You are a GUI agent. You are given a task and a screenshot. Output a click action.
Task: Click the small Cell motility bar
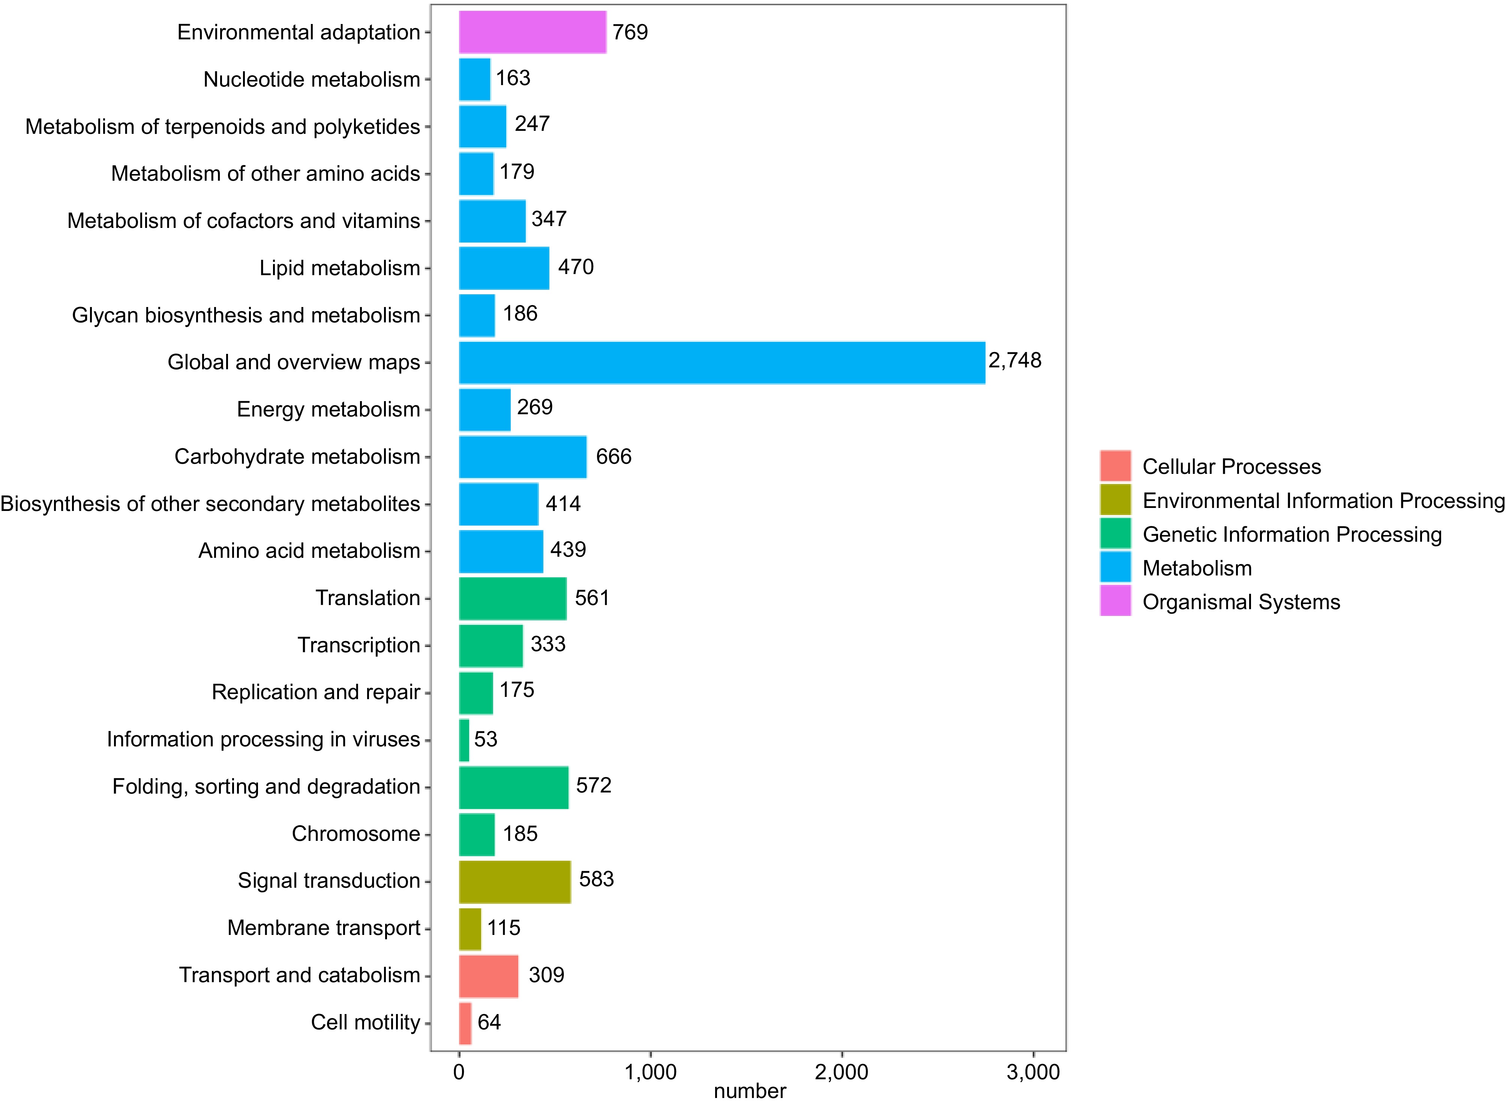pos(465,1023)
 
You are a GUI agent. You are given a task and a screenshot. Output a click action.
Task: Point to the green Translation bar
pos(512,598)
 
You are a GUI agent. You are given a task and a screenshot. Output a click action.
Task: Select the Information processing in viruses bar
pos(464,740)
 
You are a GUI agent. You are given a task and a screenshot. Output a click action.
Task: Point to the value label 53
pos(485,740)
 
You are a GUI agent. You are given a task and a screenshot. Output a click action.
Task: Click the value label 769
pos(630,32)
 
